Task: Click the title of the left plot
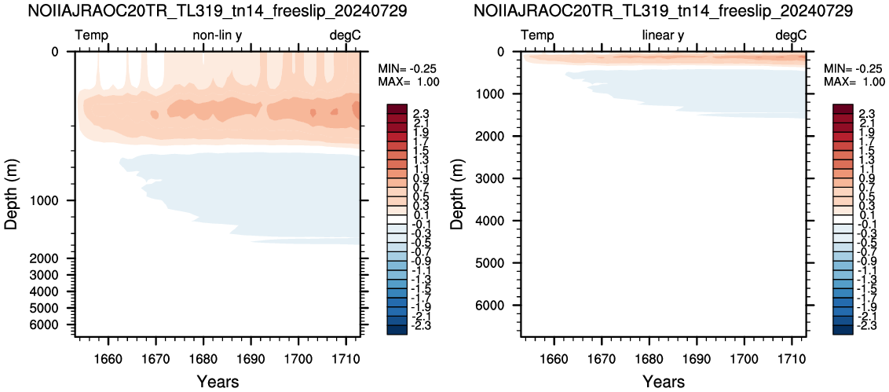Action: click(218, 10)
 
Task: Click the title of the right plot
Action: click(662, 10)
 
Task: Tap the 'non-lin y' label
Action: click(218, 35)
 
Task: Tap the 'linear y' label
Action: click(663, 35)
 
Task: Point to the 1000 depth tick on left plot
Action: click(55, 201)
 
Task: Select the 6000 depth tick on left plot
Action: click(55, 324)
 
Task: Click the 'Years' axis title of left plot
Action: click(218, 381)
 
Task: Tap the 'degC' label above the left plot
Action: click(346, 35)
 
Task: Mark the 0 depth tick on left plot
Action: click(62, 52)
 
